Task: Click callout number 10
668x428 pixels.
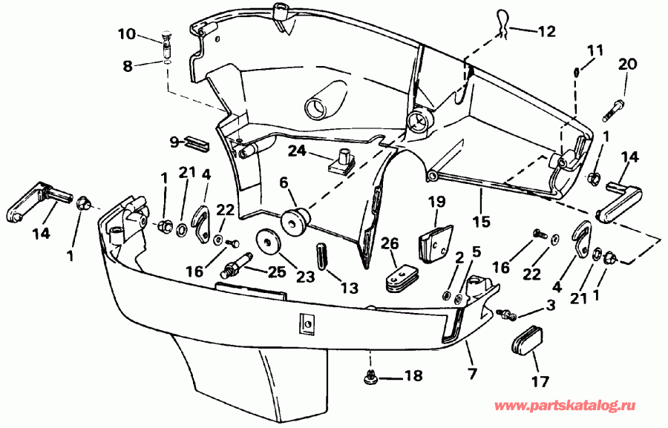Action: (127, 33)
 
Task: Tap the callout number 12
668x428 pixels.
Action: (546, 31)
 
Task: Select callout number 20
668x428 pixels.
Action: (627, 65)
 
